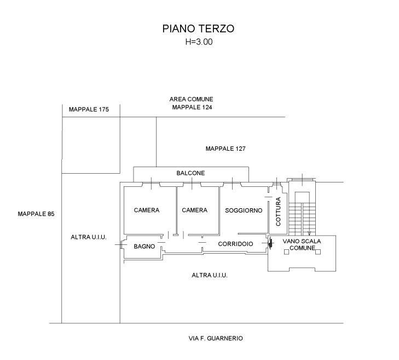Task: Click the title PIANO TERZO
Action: (198, 28)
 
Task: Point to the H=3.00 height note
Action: (199, 42)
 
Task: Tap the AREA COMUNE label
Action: (192, 99)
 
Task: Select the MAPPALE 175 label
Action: (89, 109)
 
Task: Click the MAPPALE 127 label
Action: (225, 148)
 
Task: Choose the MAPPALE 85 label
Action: (36, 214)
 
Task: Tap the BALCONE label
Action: (190, 173)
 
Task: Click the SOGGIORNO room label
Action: (244, 210)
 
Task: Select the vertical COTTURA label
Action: (278, 211)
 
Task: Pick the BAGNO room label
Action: (144, 247)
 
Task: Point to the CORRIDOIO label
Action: (236, 244)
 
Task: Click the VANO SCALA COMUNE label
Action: (302, 244)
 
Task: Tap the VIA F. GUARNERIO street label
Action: (216, 338)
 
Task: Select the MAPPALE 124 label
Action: (192, 107)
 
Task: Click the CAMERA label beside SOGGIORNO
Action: (195, 210)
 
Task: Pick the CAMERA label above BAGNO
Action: (147, 210)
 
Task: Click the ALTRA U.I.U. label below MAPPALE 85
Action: (89, 237)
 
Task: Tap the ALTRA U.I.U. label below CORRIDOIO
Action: (210, 275)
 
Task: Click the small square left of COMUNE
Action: (287, 252)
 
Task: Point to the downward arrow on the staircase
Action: (309, 233)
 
